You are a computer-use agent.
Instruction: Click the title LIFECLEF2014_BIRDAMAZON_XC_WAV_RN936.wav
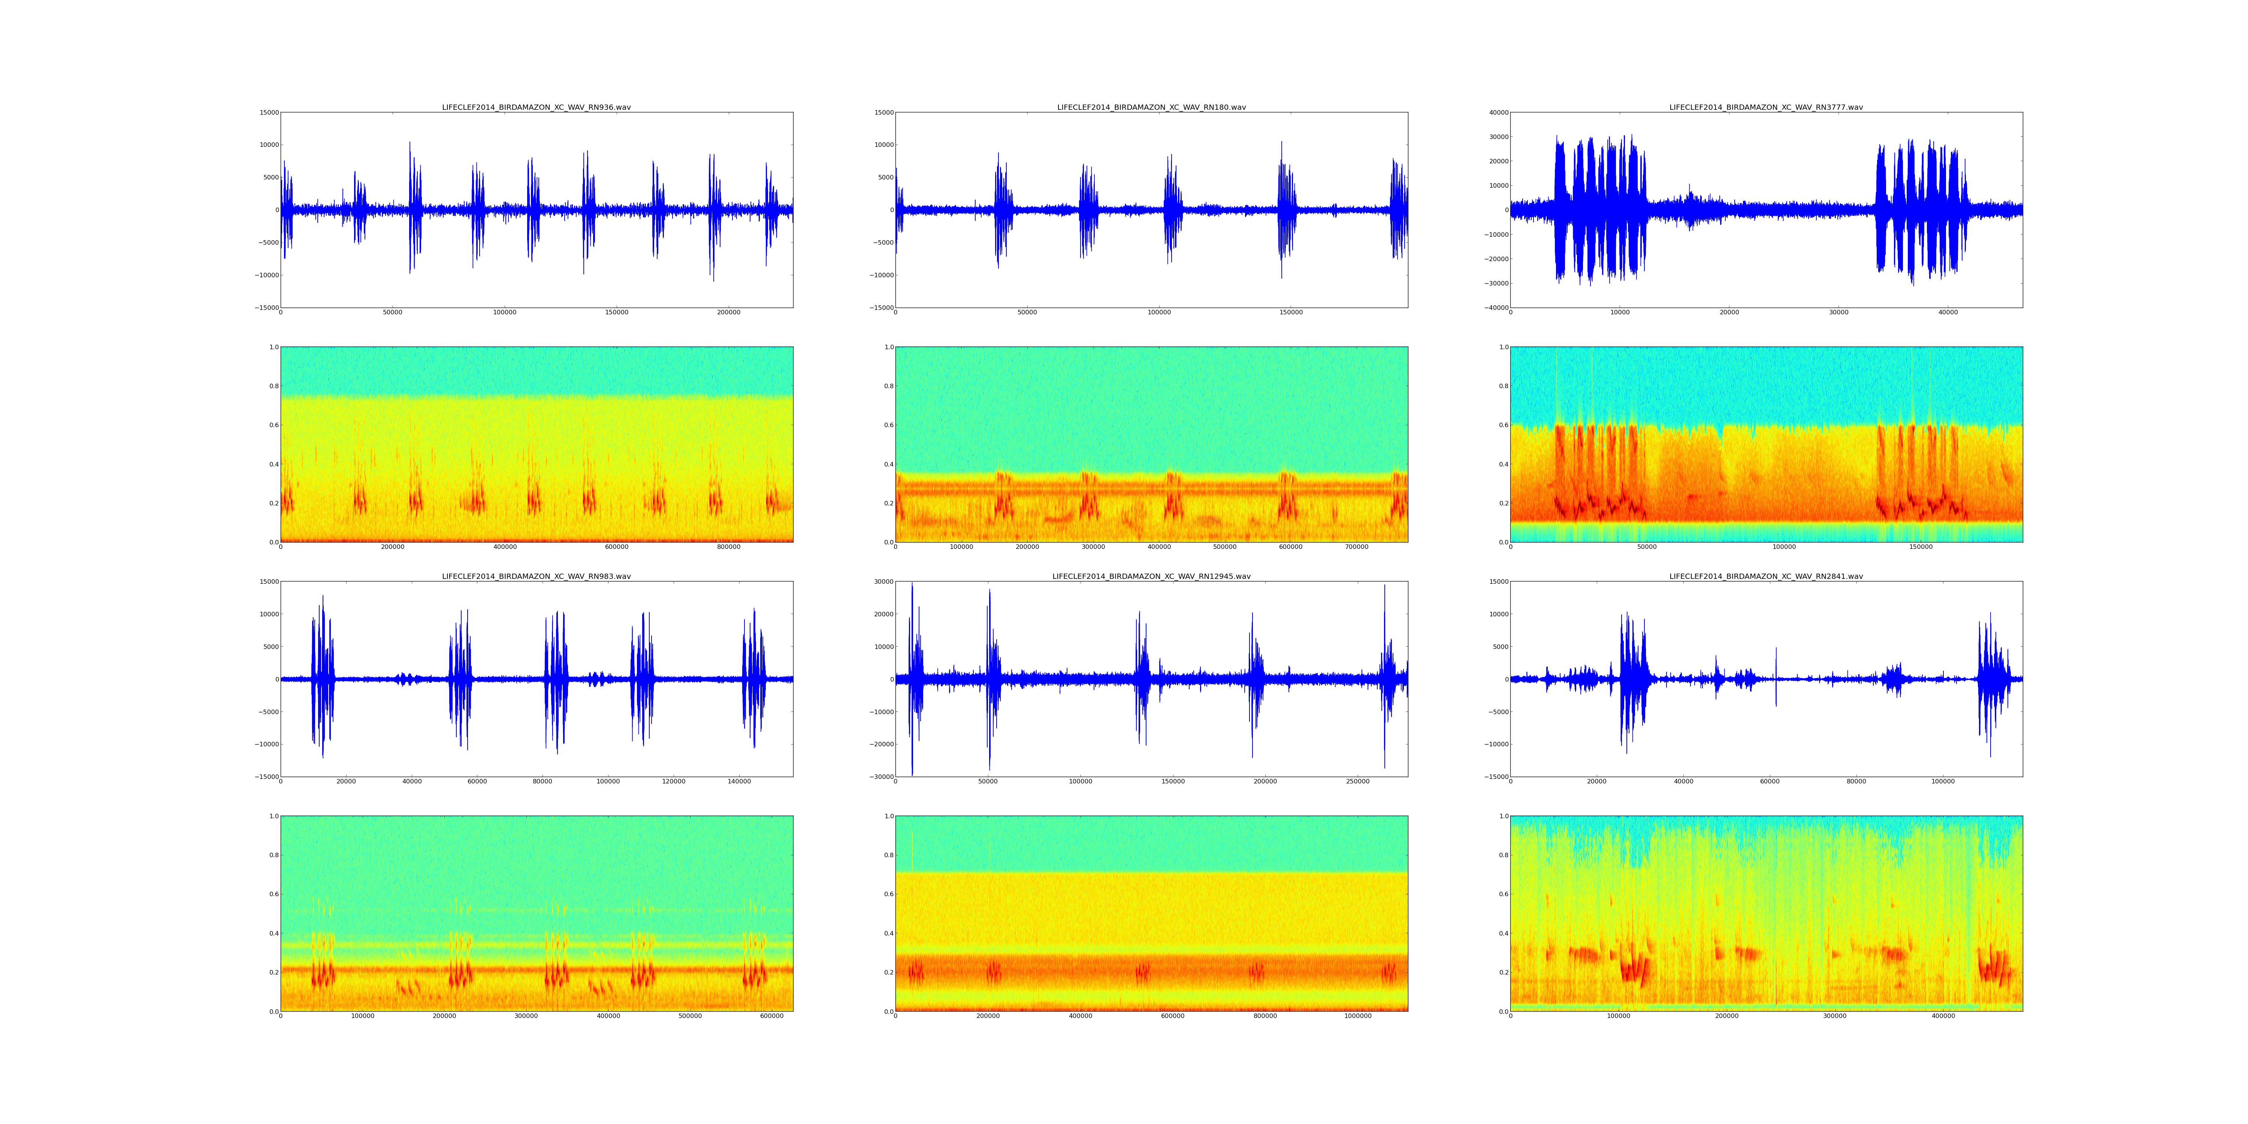click(536, 107)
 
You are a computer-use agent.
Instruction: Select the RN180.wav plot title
click(1151, 107)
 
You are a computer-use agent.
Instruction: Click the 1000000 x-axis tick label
click(1356, 1016)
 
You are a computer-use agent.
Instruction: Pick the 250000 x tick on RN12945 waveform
click(1358, 781)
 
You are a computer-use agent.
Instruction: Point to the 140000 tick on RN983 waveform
click(739, 781)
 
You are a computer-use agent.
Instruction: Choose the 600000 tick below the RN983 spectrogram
click(772, 1016)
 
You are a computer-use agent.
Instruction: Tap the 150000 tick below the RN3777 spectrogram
click(1921, 547)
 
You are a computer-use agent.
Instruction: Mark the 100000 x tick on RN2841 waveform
click(1943, 781)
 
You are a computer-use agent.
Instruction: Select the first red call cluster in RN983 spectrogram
click(323, 973)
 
